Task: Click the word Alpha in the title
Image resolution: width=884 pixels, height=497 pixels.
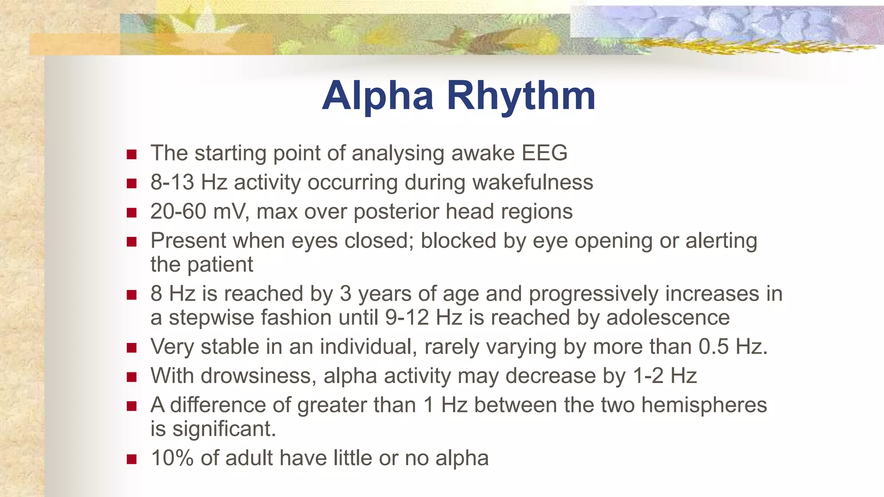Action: (x=378, y=96)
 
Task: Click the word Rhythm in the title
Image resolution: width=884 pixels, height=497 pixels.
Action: (x=521, y=96)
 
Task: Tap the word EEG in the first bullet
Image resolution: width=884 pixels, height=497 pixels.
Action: (x=544, y=153)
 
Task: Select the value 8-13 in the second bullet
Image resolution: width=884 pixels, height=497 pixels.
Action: (x=172, y=182)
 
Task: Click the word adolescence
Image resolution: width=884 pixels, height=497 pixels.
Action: (x=668, y=318)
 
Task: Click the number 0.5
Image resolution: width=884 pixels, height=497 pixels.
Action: (x=714, y=347)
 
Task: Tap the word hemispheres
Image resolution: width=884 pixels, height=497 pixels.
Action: (x=704, y=405)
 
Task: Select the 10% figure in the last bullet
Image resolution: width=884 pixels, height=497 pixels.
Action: (x=172, y=458)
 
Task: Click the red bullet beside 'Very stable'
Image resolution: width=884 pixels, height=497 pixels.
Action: (x=132, y=348)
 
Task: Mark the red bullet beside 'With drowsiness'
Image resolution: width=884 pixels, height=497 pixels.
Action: (x=132, y=377)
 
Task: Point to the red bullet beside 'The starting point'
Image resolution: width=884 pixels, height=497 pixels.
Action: (x=132, y=154)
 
